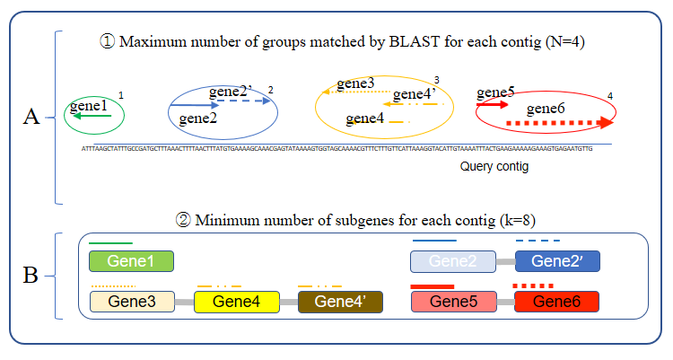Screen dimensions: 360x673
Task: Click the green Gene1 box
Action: click(x=131, y=261)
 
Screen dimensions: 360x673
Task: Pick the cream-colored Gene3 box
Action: click(x=132, y=302)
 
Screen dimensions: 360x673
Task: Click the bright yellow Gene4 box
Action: click(x=236, y=302)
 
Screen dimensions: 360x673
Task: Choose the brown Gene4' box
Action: click(x=340, y=302)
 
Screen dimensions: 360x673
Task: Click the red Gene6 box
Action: click(x=556, y=302)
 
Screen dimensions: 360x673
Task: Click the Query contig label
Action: click(x=495, y=166)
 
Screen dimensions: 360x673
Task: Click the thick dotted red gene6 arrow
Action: click(x=550, y=122)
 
